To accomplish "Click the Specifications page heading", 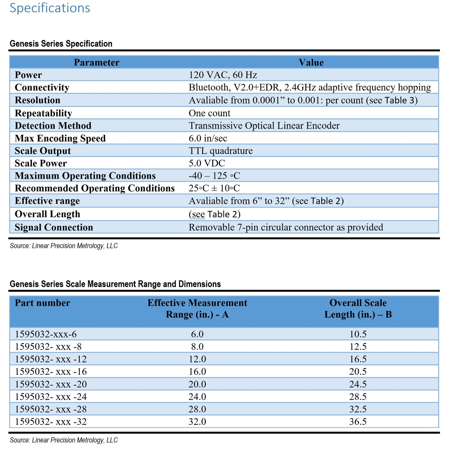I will (50, 8).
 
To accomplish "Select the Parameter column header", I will (97, 62).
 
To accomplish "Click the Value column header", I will (311, 62).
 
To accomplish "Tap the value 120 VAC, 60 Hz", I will (223, 75).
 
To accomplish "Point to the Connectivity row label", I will (42, 88).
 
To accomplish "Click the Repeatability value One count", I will (209, 113).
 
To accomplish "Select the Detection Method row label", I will (53, 126).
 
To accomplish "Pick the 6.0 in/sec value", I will (208, 138).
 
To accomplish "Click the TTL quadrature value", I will (221, 151).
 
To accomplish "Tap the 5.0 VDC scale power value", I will (207, 163).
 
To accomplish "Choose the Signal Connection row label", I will (54, 227).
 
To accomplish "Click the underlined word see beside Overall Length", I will (198, 214).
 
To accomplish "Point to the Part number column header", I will (43, 303).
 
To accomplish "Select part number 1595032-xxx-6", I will (46, 334).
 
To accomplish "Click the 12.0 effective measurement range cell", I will (197, 359).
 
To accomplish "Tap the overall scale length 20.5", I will (358, 372).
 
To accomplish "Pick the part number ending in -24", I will (51, 397).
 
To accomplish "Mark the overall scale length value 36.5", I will (358, 422).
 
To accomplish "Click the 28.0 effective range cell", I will (197, 409).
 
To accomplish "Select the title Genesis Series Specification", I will (61, 44).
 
